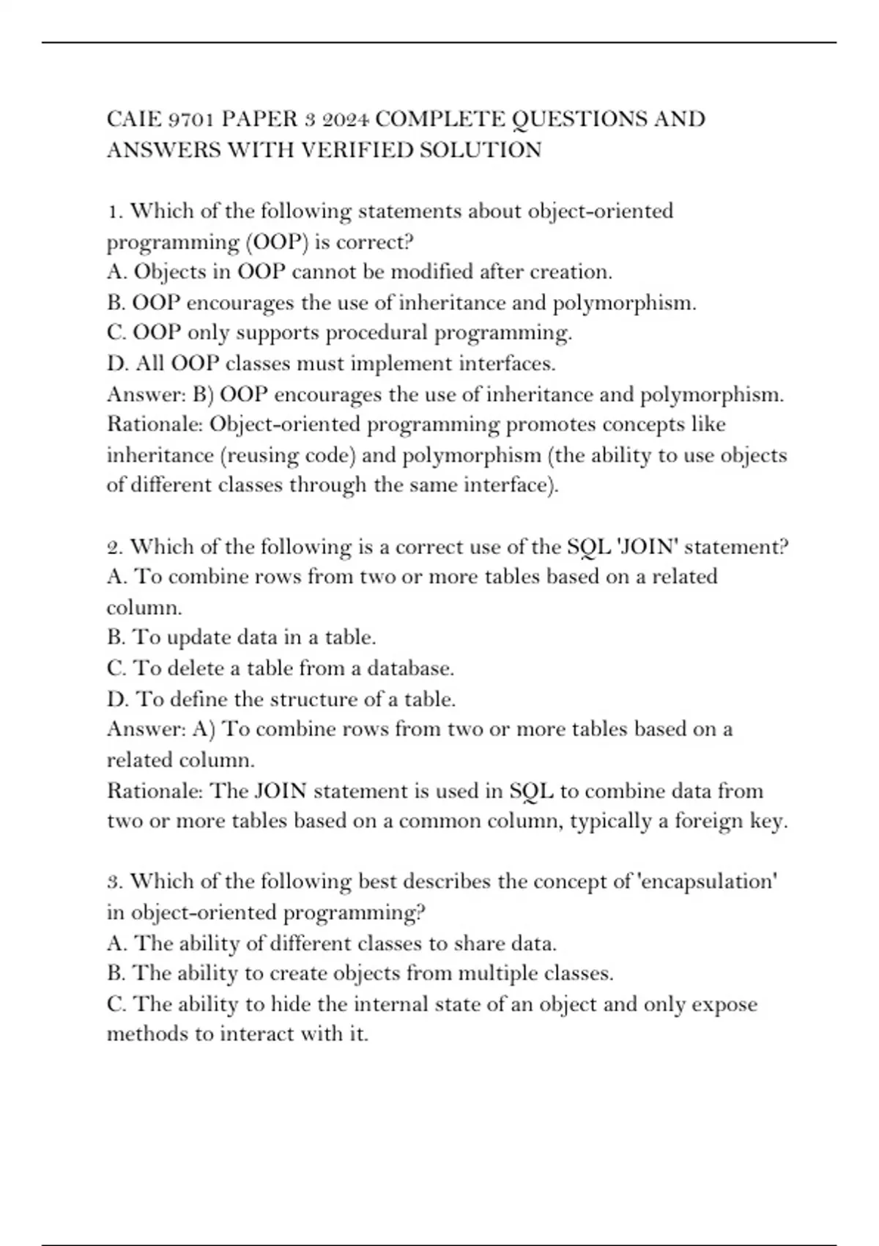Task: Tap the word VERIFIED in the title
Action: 357,150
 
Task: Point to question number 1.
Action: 114,212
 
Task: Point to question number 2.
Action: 114,548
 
